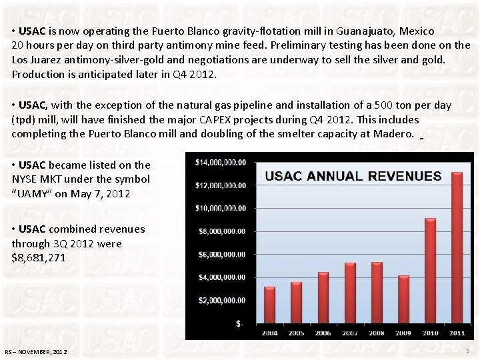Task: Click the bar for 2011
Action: pos(457,247)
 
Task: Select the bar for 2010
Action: pos(430,271)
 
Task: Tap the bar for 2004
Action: pos(269,305)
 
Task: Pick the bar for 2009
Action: pos(403,299)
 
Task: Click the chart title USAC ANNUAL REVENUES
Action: pos(353,176)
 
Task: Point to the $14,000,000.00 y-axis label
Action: pos(221,162)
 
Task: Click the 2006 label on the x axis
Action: pos(323,333)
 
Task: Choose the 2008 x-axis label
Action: pos(377,333)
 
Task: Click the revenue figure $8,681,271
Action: pos(39,257)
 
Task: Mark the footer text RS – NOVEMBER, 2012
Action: pos(35,351)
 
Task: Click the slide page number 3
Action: pos(467,350)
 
